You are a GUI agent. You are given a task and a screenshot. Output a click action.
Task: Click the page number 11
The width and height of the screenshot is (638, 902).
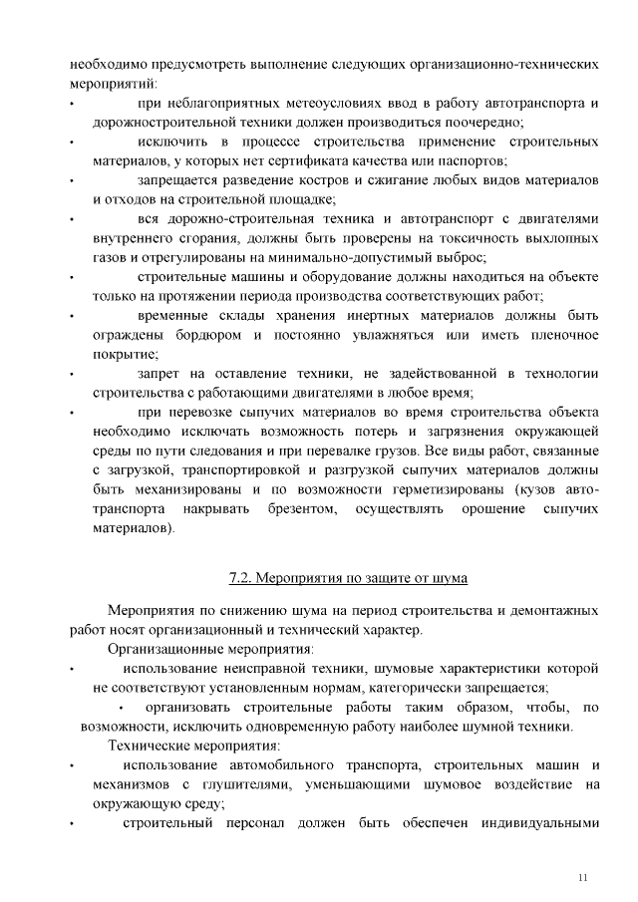[583, 877]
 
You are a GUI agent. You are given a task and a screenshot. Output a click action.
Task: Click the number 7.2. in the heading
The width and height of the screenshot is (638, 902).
[242, 577]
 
